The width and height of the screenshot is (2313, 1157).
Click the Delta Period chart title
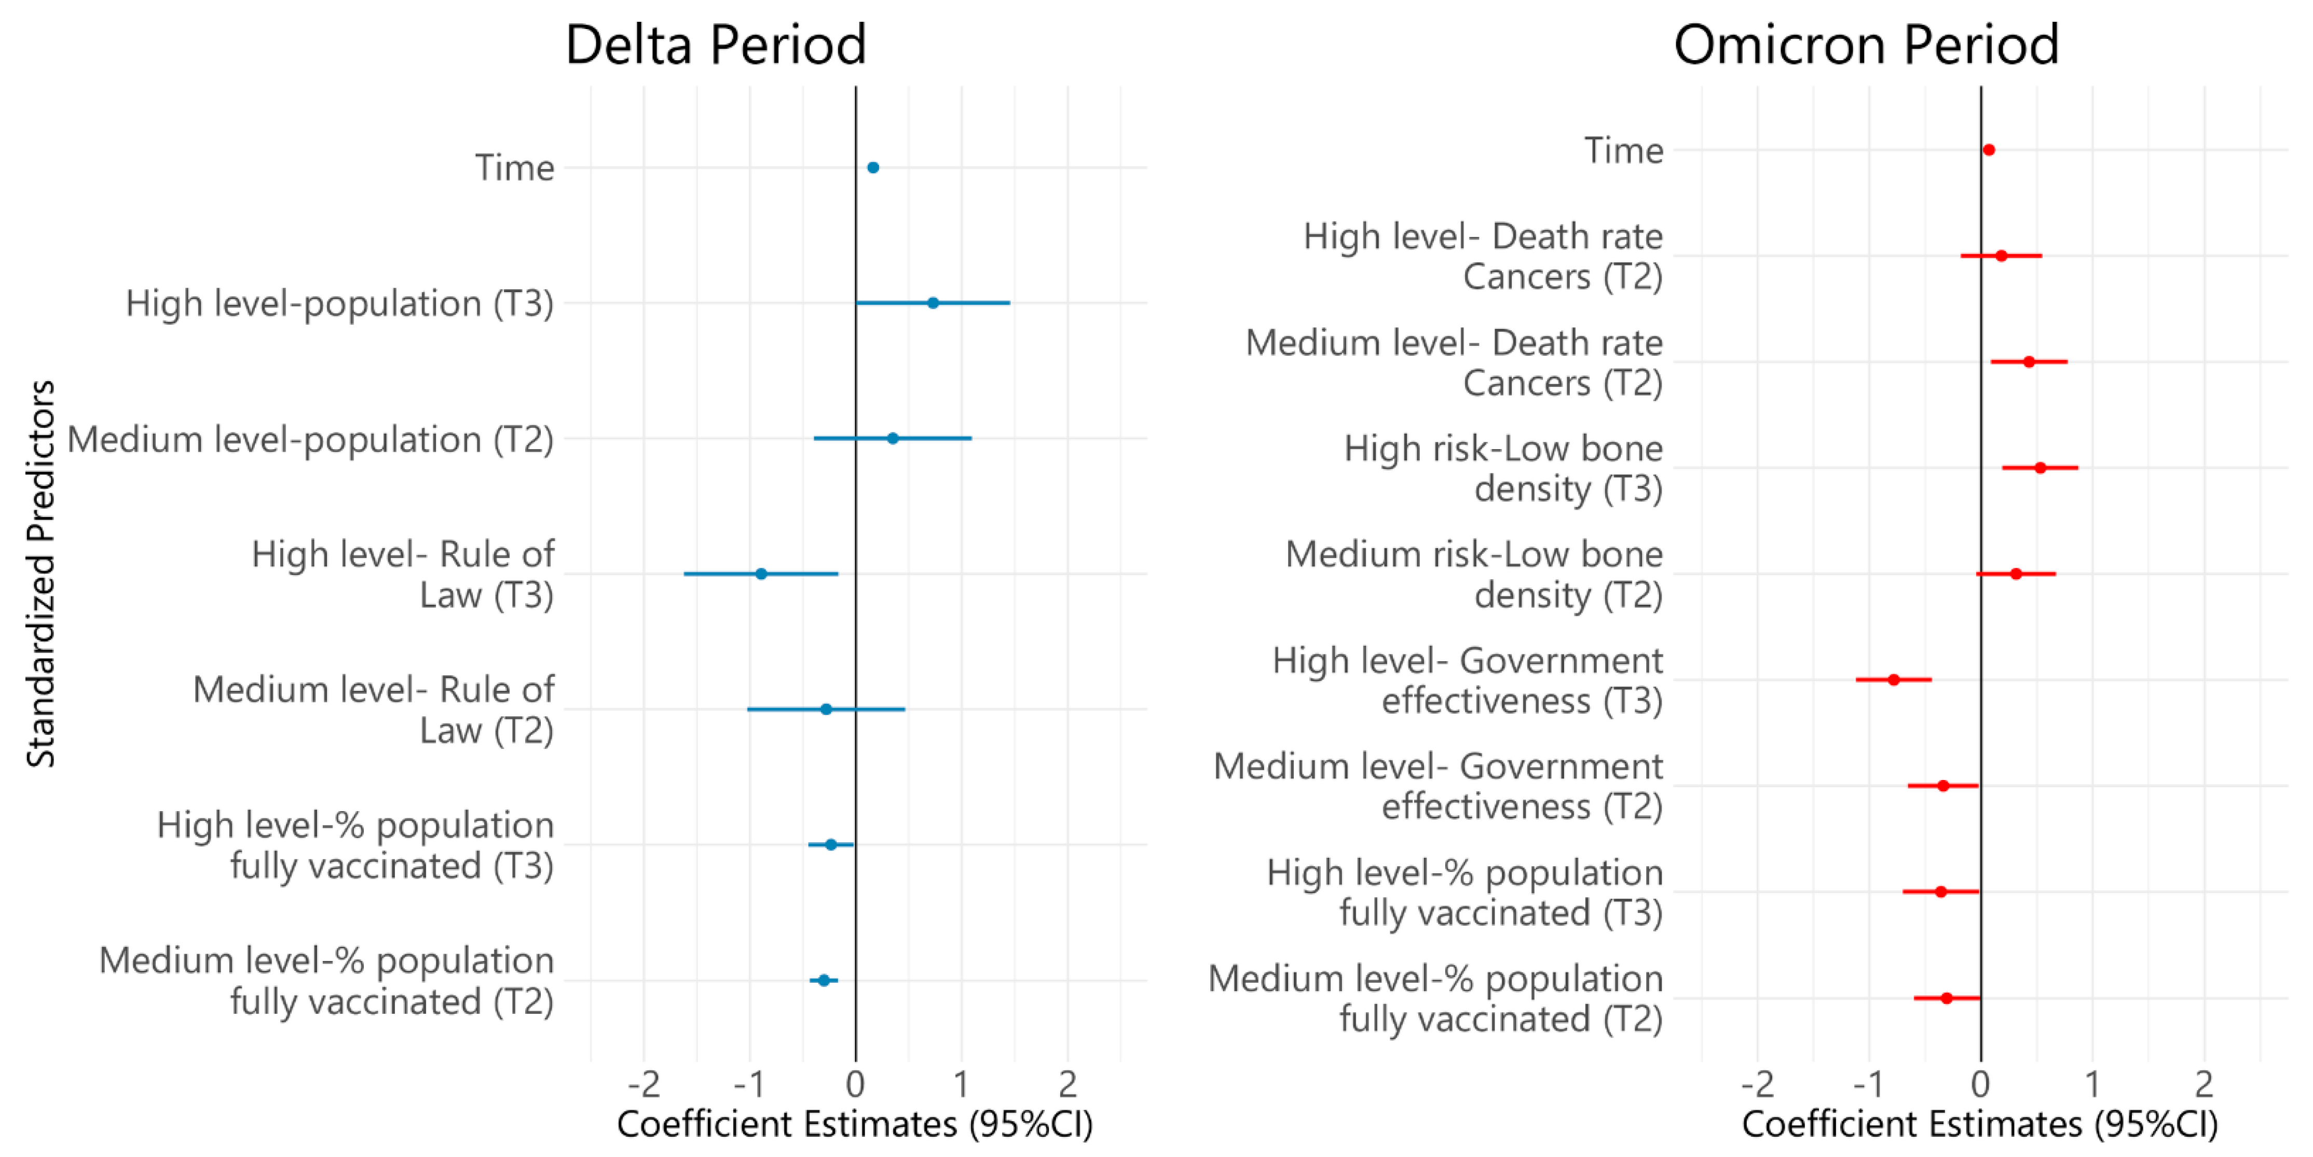click(716, 45)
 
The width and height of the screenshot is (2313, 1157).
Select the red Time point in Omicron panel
click(1989, 150)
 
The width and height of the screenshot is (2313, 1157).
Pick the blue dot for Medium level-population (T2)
click(893, 439)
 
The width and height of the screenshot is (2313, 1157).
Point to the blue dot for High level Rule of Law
click(761, 574)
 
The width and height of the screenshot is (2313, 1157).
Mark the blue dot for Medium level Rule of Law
click(826, 709)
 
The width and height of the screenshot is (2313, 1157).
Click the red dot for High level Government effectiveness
click(1894, 679)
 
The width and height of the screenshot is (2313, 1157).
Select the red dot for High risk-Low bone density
click(2040, 468)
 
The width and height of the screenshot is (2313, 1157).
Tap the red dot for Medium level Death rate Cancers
click(2029, 362)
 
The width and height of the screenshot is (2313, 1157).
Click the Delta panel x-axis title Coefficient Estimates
click(855, 1124)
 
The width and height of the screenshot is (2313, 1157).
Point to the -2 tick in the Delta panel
click(644, 1084)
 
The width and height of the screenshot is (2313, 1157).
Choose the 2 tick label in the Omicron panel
click(2205, 1084)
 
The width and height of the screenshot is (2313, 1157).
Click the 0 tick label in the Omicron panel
click(1981, 1084)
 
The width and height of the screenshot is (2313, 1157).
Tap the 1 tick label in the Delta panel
click(962, 1084)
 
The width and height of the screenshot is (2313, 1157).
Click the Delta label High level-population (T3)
click(339, 303)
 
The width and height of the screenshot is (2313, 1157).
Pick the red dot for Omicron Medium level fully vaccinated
click(1947, 998)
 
